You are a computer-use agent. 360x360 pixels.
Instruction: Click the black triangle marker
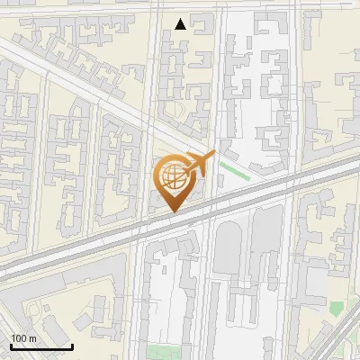click(181, 24)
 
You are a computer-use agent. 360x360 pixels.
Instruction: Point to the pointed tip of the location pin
click(173, 212)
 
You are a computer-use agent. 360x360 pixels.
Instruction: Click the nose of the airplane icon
click(213, 155)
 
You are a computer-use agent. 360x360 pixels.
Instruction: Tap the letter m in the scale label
click(33, 338)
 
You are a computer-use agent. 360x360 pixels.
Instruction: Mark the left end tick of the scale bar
click(11, 346)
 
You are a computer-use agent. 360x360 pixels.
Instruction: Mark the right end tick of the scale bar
click(72, 346)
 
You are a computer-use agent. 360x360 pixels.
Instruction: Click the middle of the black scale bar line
click(41, 347)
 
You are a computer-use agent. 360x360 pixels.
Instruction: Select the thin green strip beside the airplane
click(235, 170)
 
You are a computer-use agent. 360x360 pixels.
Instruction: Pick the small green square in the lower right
click(336, 309)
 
